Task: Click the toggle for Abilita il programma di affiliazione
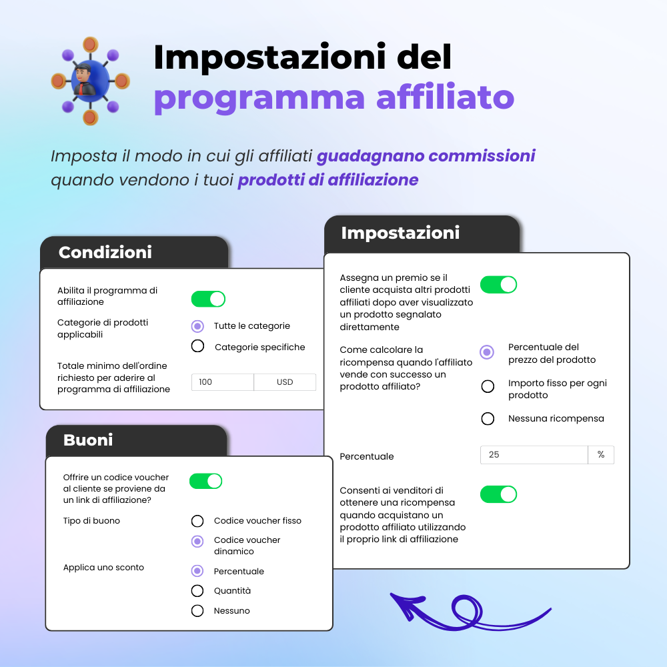[208, 299]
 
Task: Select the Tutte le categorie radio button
[197, 326]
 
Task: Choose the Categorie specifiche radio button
[197, 346]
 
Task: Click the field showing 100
[222, 382]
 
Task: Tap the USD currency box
[285, 382]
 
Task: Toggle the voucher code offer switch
[205, 481]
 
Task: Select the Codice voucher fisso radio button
[197, 521]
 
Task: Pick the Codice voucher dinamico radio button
[197, 541]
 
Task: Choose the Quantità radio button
[197, 591]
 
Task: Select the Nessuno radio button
[197, 611]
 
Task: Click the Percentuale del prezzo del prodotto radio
[488, 352]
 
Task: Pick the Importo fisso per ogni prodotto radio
[488, 386]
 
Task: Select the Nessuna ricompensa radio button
[488, 419]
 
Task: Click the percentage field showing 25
[534, 455]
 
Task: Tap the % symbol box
[601, 455]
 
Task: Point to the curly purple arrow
[467, 612]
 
